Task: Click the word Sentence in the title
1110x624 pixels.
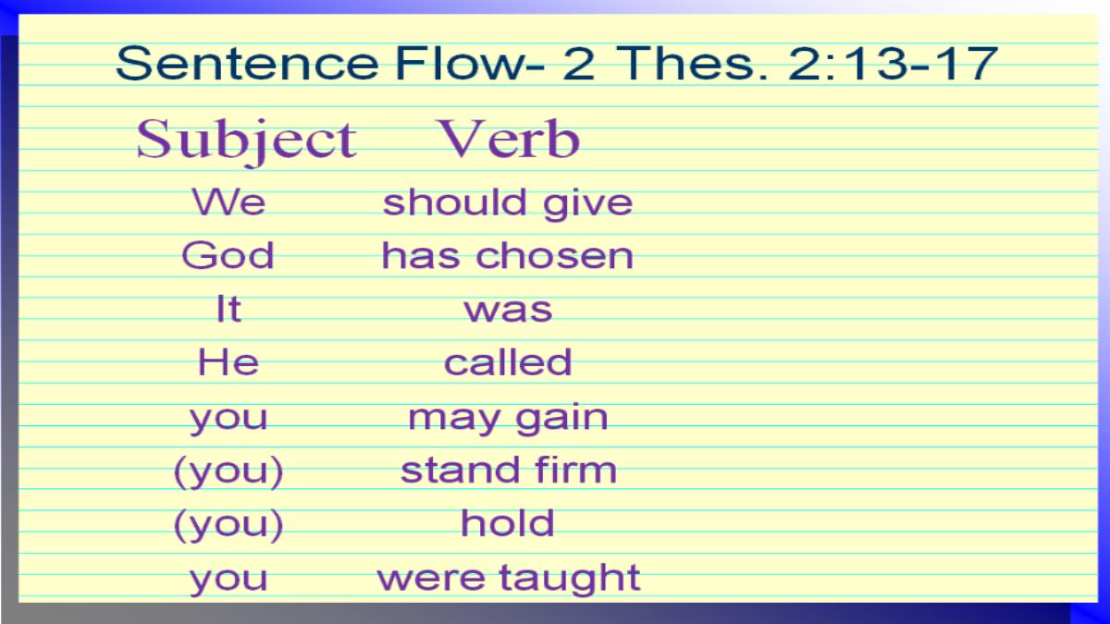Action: pyautogui.click(x=247, y=64)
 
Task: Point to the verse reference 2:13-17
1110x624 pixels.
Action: pyautogui.click(x=893, y=64)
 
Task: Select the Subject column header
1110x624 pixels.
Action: pyautogui.click(x=246, y=141)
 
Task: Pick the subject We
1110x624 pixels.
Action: pyautogui.click(x=228, y=202)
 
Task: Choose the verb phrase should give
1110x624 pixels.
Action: pyautogui.click(x=508, y=204)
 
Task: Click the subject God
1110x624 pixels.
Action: pyautogui.click(x=228, y=255)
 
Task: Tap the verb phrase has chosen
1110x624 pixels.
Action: pyautogui.click(x=508, y=255)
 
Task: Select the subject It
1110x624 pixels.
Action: pyautogui.click(x=229, y=309)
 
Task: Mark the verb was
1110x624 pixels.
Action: pyautogui.click(x=509, y=311)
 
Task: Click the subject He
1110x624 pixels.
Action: pyautogui.click(x=228, y=362)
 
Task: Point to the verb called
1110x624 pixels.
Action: pyautogui.click(x=508, y=362)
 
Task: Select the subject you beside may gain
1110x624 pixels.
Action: pyautogui.click(x=228, y=420)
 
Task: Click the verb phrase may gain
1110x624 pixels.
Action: pyautogui.click(x=508, y=419)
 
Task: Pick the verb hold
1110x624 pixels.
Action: pyautogui.click(x=508, y=522)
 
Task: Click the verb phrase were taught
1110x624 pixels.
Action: pyautogui.click(x=509, y=578)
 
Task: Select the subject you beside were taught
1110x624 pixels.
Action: pyautogui.click(x=228, y=581)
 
